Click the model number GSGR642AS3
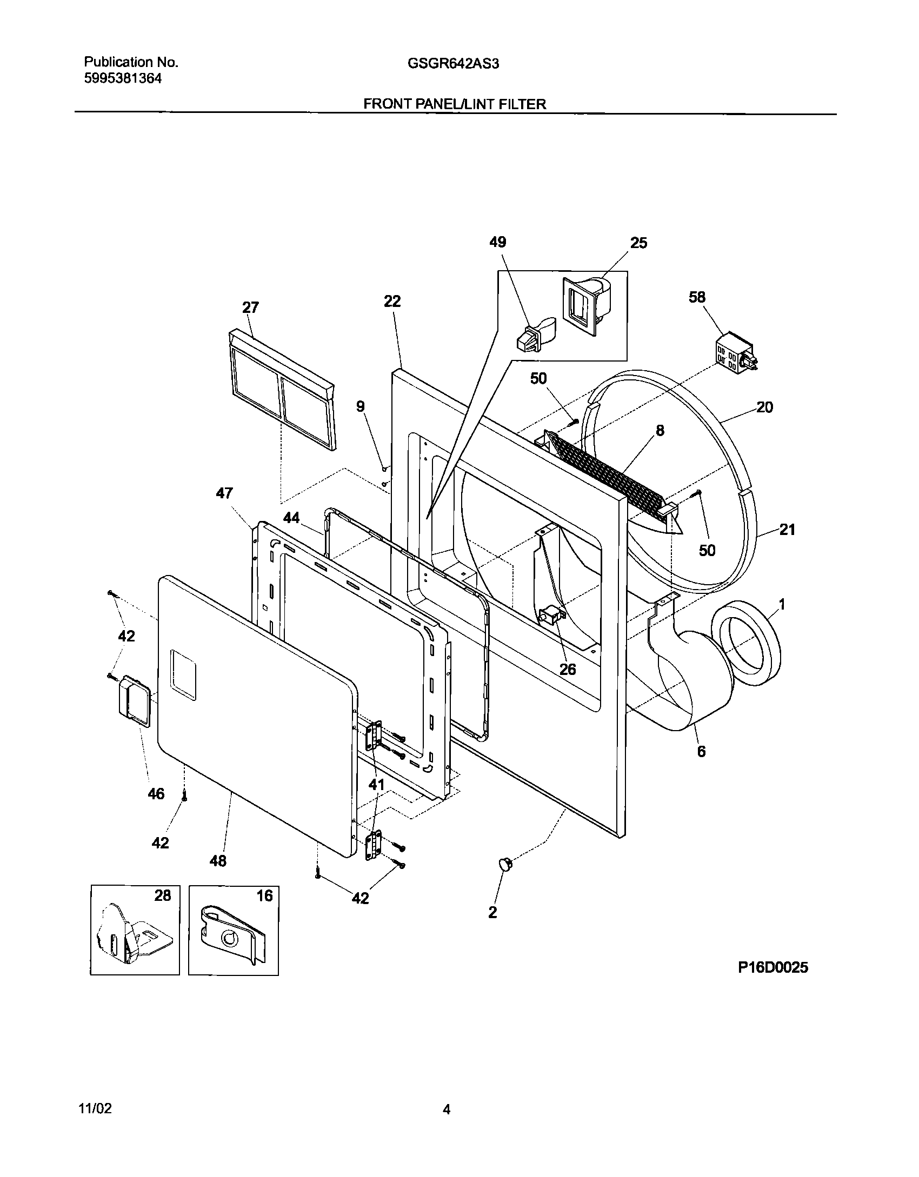coord(453,64)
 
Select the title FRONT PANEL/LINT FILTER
coord(455,104)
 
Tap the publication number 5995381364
coord(123,78)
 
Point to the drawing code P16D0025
coord(773,968)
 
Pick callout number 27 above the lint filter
coord(250,307)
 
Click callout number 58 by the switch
coord(697,297)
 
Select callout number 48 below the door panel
coord(218,861)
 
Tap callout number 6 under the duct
coord(701,751)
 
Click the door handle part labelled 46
coord(132,700)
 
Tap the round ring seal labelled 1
coord(747,645)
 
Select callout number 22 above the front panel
coord(392,301)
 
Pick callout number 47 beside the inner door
coord(224,493)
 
